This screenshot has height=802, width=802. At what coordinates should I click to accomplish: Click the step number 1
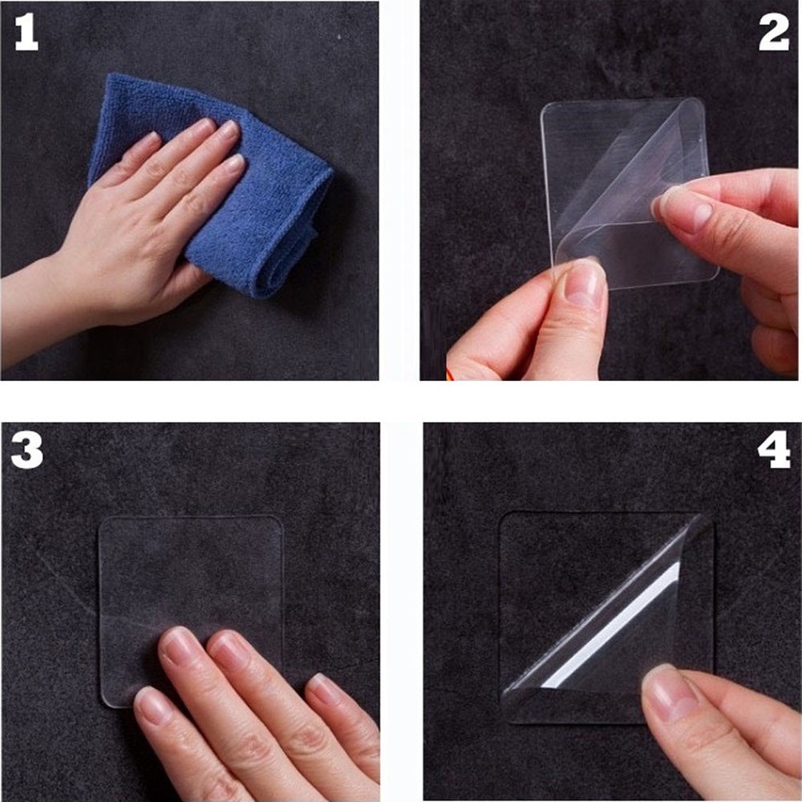[26, 33]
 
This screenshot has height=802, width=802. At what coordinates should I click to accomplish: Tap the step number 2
[773, 33]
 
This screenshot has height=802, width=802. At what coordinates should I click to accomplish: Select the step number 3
[26, 450]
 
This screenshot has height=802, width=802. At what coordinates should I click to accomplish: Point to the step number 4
[774, 449]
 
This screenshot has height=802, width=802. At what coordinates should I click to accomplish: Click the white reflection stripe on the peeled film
[611, 626]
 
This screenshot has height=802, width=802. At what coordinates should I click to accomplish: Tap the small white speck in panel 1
[339, 38]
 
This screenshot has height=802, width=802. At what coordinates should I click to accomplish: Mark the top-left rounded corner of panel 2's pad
[545, 108]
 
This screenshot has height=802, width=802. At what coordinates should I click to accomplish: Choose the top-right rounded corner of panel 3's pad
[277, 523]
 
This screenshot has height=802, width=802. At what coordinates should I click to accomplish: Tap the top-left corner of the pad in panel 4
[504, 517]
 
